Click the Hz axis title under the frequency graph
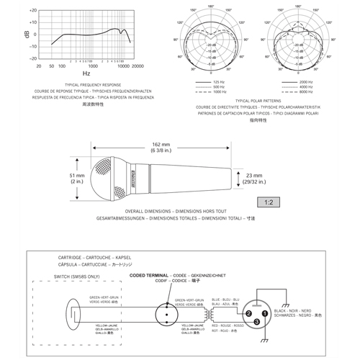coord(86,73)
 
